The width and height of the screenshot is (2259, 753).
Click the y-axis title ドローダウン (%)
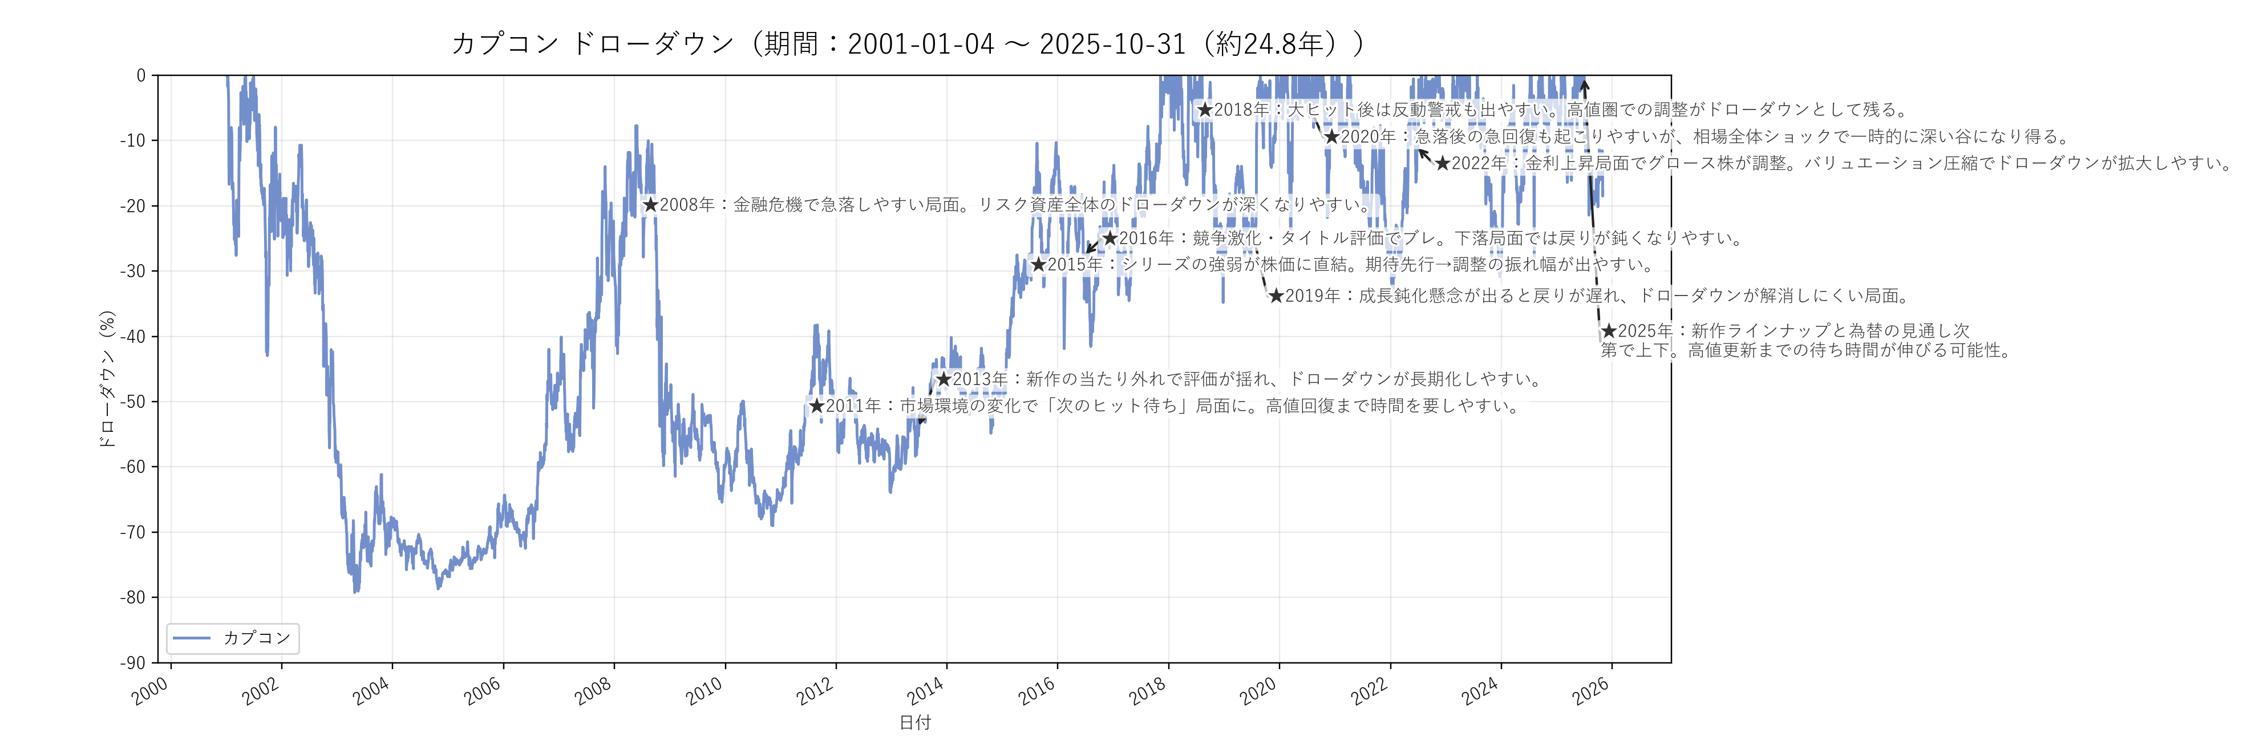pyautogui.click(x=107, y=379)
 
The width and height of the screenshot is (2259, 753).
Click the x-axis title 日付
pyautogui.click(x=914, y=722)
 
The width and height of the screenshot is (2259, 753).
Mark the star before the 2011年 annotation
pyautogui.click(x=816, y=406)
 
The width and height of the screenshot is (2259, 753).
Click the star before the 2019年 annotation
pyautogui.click(x=1276, y=296)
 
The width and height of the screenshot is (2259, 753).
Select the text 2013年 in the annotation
pyautogui.click(x=979, y=379)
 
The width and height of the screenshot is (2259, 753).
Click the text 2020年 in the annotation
pyautogui.click(x=1367, y=137)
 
